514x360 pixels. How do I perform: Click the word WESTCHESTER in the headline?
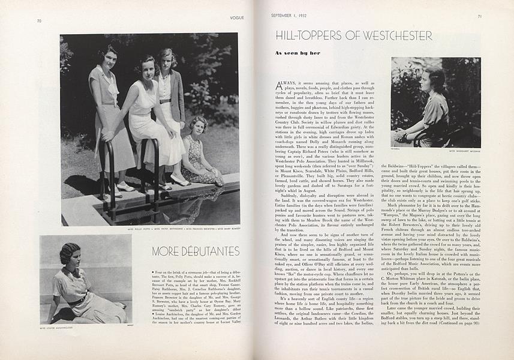[x=401, y=36]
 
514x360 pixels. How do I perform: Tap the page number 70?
[x=38, y=21]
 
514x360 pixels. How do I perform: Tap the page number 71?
[x=479, y=16]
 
